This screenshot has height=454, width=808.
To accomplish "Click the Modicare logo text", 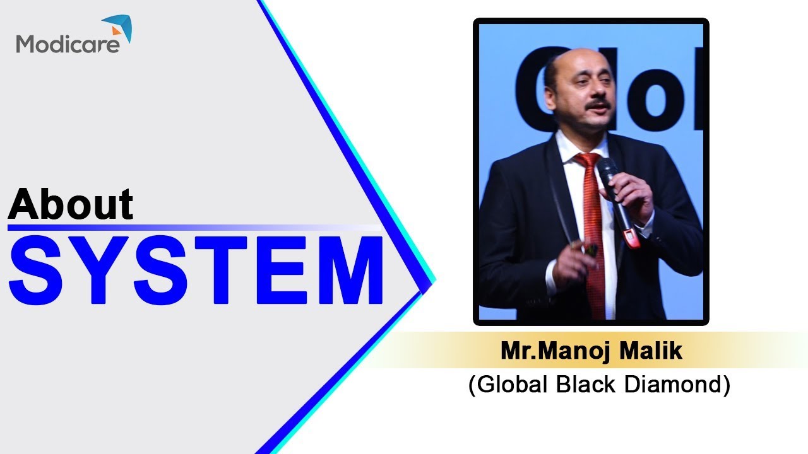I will pos(68,44).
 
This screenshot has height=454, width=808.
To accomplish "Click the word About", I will pos(71,203).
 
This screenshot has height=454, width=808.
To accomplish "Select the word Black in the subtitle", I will pos(583,384).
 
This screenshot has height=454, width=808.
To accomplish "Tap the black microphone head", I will pos(607,168).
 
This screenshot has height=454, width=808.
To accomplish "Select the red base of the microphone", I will pos(630,238).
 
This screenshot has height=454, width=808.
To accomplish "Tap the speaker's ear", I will pos(550,88).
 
